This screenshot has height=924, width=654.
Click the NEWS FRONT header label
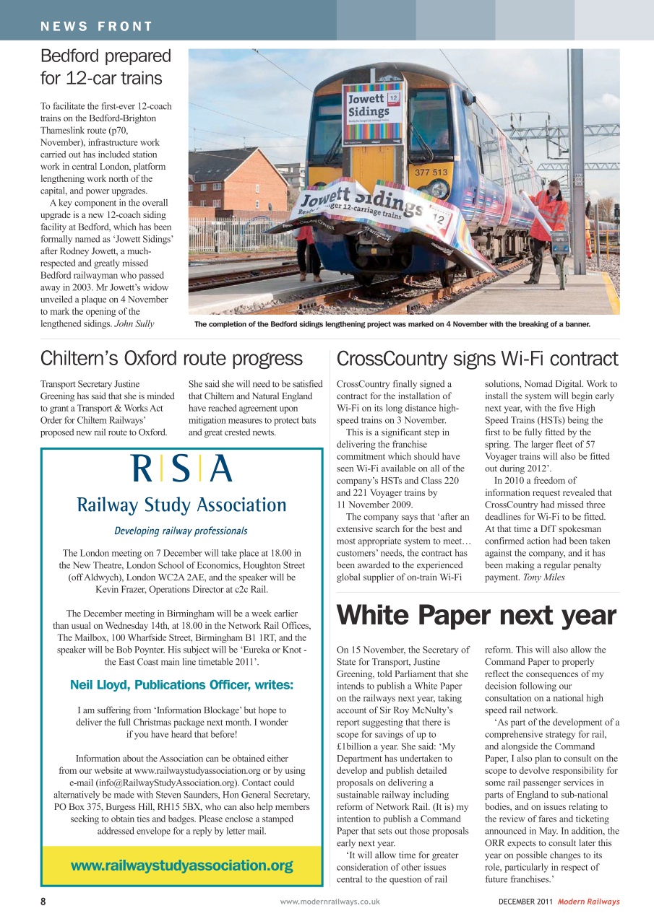[97, 27]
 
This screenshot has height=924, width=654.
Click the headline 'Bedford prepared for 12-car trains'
[106, 66]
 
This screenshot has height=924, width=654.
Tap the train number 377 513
[431, 173]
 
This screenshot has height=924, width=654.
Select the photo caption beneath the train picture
[392, 324]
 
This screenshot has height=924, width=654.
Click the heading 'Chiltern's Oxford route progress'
[171, 359]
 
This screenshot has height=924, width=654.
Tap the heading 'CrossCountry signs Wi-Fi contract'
[477, 359]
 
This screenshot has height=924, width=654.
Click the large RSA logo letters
[181, 469]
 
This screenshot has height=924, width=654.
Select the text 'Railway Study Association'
[181, 505]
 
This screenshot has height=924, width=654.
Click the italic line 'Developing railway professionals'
[181, 531]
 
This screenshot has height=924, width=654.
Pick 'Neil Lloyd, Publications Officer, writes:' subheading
[181, 684]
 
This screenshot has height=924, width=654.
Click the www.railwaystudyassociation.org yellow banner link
[181, 866]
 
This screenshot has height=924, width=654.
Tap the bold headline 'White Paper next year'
[476, 616]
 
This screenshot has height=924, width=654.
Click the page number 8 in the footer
[43, 902]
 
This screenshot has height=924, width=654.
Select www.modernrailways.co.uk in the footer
[330, 902]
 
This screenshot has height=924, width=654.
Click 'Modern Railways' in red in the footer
[588, 902]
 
